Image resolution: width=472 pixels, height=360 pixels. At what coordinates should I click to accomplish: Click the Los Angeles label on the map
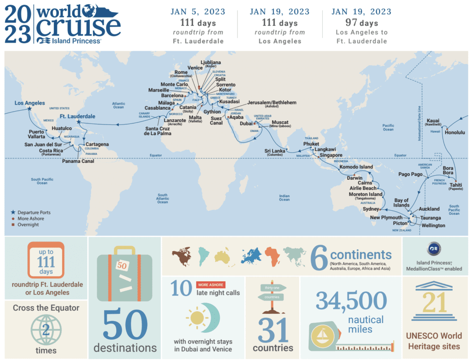pos(29,103)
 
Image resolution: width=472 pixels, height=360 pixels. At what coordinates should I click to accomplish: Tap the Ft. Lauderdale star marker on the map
pos(78,123)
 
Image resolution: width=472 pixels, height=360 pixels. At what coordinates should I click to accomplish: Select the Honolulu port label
pos(455,132)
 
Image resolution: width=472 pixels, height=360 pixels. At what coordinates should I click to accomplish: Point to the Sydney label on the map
pos(371,209)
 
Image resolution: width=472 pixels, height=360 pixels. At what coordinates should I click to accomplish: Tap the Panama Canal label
pos(78,161)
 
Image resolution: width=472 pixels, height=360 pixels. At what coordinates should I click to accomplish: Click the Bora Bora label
pos(448,171)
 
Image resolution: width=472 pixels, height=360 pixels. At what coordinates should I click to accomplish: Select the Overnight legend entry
pos(29,224)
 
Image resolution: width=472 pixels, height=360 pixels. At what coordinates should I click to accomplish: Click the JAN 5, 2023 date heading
pos(197,12)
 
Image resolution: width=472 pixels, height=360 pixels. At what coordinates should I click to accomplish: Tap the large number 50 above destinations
pos(124,325)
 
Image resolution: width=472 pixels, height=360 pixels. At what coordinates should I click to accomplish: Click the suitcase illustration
pos(124,272)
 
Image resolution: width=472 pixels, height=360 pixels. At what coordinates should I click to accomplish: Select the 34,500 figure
pos(351,301)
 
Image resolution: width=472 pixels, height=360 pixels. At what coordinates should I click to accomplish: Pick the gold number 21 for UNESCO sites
pos(435,303)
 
